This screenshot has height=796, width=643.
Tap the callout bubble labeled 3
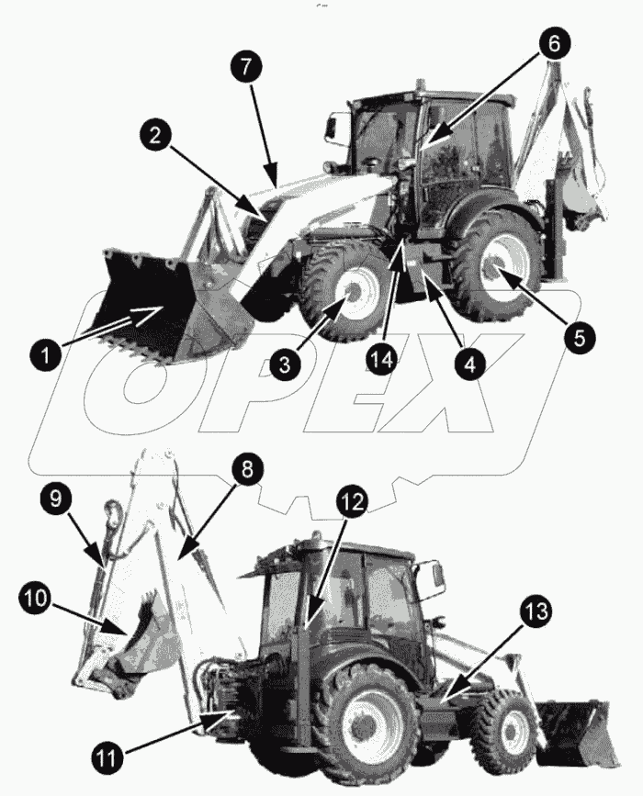pyautogui.click(x=286, y=364)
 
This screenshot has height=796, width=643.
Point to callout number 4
pyautogui.click(x=468, y=364)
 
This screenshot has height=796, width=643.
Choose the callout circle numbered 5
pyautogui.click(x=578, y=336)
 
